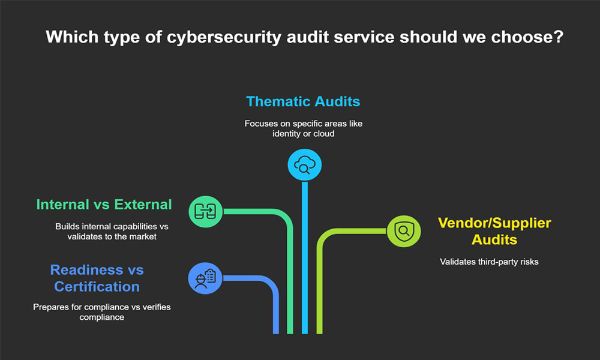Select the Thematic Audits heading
(x=303, y=101)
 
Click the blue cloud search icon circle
(x=305, y=164)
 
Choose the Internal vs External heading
(x=104, y=205)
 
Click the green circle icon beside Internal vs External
(x=206, y=210)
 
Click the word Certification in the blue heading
(x=97, y=286)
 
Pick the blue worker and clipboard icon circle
(x=205, y=278)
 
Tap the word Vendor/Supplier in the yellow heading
(x=494, y=223)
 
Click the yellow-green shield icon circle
(x=404, y=230)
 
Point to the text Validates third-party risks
(x=489, y=262)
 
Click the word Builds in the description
(x=67, y=227)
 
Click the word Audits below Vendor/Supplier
(x=494, y=239)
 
